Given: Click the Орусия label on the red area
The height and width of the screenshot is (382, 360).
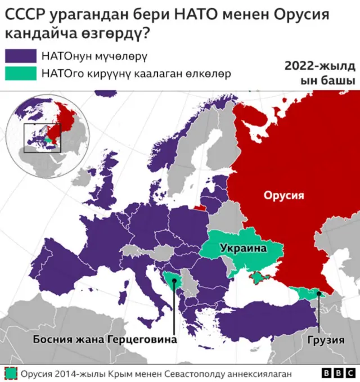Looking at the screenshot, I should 284,196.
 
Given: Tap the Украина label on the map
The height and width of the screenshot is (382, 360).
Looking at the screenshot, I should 242,248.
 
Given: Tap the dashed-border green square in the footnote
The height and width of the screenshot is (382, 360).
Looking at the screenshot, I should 11,373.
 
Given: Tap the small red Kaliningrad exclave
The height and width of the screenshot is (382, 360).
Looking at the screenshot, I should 199,206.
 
